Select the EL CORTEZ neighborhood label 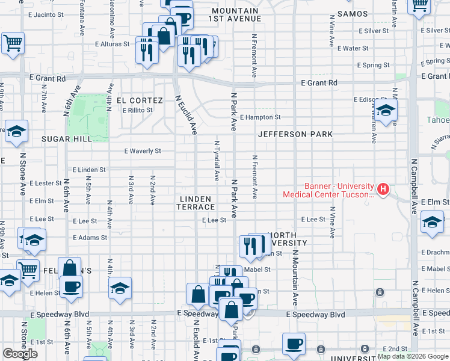(x=140, y=100)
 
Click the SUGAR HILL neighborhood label (x=67, y=139)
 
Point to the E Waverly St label (x=143, y=151)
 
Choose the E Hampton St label (x=260, y=117)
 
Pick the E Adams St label (x=90, y=238)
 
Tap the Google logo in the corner (x=20, y=354)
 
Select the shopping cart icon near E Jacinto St (x=12, y=43)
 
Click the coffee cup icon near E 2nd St (x=294, y=344)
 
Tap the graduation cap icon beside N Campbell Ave (x=432, y=222)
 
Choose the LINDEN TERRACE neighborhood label (x=194, y=203)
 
